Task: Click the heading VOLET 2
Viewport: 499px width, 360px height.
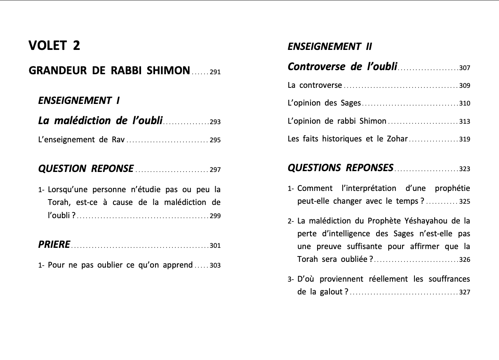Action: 54,46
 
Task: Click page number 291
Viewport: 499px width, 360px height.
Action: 215,72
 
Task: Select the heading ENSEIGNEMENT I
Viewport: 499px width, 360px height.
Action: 79,101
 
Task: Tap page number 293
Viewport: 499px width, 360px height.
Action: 215,122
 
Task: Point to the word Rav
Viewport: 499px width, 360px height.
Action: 118,140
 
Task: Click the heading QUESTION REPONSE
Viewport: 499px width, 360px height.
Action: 86,169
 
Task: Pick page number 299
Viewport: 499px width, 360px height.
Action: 215,216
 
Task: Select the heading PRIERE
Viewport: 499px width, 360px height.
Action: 54,245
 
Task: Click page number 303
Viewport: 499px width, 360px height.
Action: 215,266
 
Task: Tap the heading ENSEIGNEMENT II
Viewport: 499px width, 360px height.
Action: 330,47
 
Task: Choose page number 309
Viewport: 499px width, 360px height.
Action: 465,86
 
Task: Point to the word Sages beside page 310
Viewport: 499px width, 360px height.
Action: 351,103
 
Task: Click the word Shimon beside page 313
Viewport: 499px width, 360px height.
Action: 373,121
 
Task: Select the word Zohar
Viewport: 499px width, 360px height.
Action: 397,139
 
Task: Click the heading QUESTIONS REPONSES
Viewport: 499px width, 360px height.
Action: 340,168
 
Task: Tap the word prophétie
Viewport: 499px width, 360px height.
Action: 452,188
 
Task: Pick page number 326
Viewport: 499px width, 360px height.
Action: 465,260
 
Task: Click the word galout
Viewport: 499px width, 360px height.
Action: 331,292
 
